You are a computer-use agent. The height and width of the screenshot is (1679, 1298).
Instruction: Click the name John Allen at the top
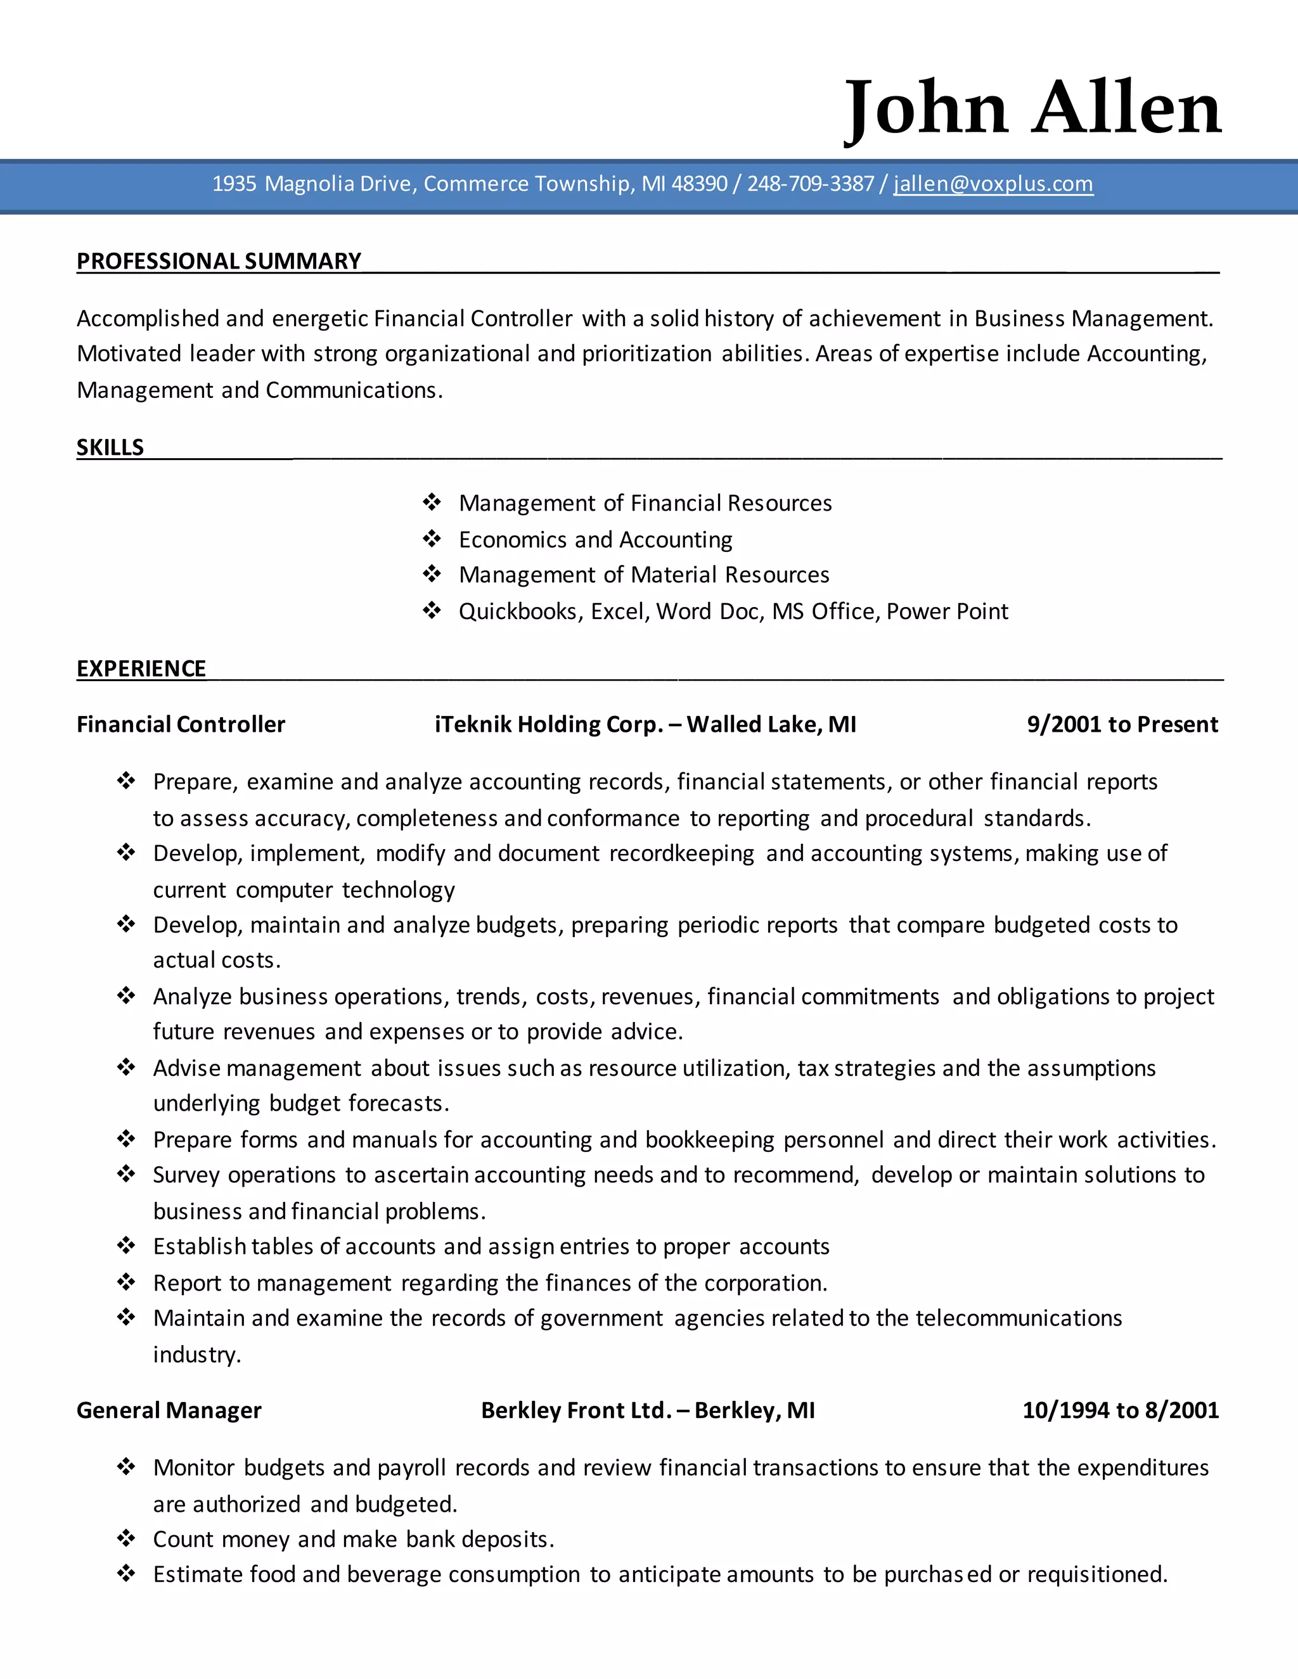pyautogui.click(x=1032, y=108)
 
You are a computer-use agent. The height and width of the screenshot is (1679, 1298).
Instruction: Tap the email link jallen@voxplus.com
pyautogui.click(x=993, y=184)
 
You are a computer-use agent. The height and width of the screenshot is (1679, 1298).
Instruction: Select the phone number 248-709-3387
pyautogui.click(x=811, y=184)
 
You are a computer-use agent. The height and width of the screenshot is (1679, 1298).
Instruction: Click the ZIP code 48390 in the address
pyautogui.click(x=699, y=184)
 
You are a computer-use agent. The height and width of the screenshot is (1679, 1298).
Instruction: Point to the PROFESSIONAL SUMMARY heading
pyautogui.click(x=219, y=262)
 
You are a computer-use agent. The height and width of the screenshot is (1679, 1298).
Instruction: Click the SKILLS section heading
pyautogui.click(x=110, y=447)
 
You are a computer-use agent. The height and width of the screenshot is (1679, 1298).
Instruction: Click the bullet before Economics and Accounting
pyautogui.click(x=432, y=539)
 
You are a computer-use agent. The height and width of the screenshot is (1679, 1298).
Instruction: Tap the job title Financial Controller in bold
pyautogui.click(x=181, y=724)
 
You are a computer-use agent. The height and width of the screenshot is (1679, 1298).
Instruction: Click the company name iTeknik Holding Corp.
pyautogui.click(x=548, y=724)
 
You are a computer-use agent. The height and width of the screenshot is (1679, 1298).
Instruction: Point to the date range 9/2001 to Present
pyautogui.click(x=1122, y=724)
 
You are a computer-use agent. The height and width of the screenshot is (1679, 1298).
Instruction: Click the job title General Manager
pyautogui.click(x=169, y=1410)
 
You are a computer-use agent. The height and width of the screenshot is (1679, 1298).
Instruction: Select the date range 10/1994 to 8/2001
pyautogui.click(x=1121, y=1410)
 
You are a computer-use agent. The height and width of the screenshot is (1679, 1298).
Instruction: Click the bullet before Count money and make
pyautogui.click(x=126, y=1538)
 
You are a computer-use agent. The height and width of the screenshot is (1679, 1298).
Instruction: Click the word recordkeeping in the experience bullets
pyautogui.click(x=681, y=853)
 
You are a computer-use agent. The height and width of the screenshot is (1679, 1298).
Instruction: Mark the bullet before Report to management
pyautogui.click(x=126, y=1282)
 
